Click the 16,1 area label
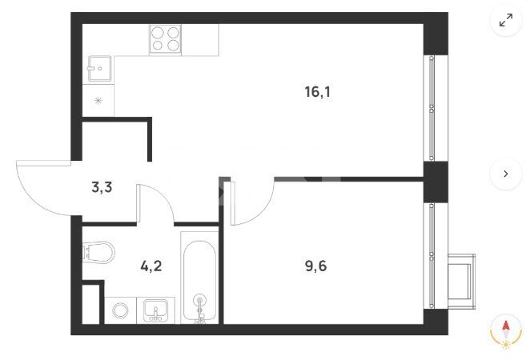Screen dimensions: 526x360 317,91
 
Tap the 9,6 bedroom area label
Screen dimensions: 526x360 315,266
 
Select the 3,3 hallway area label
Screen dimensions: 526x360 102,187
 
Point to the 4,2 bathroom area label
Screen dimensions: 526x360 151,266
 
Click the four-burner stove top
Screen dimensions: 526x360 165,39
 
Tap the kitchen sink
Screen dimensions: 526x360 99,69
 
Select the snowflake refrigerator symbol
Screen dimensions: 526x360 98,101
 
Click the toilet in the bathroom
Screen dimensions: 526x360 98,252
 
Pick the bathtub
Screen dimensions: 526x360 199,278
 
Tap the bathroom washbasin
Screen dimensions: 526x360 155,310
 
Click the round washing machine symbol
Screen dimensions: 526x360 120,310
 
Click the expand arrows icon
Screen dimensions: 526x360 506,20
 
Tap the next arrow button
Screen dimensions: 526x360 506,174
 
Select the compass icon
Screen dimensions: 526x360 506,333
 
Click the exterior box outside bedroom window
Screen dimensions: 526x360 462,282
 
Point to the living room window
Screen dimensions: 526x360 432,108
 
